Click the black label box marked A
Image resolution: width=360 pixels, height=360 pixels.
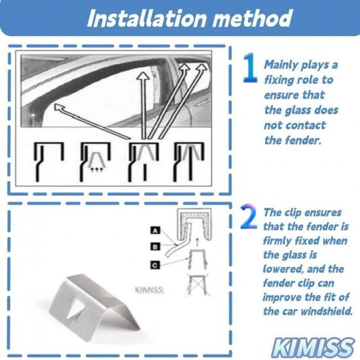(154, 230)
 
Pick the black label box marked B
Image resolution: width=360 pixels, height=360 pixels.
(154, 247)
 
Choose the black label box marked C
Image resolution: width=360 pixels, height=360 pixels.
(154, 264)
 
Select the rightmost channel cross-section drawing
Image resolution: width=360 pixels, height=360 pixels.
(186, 160)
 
